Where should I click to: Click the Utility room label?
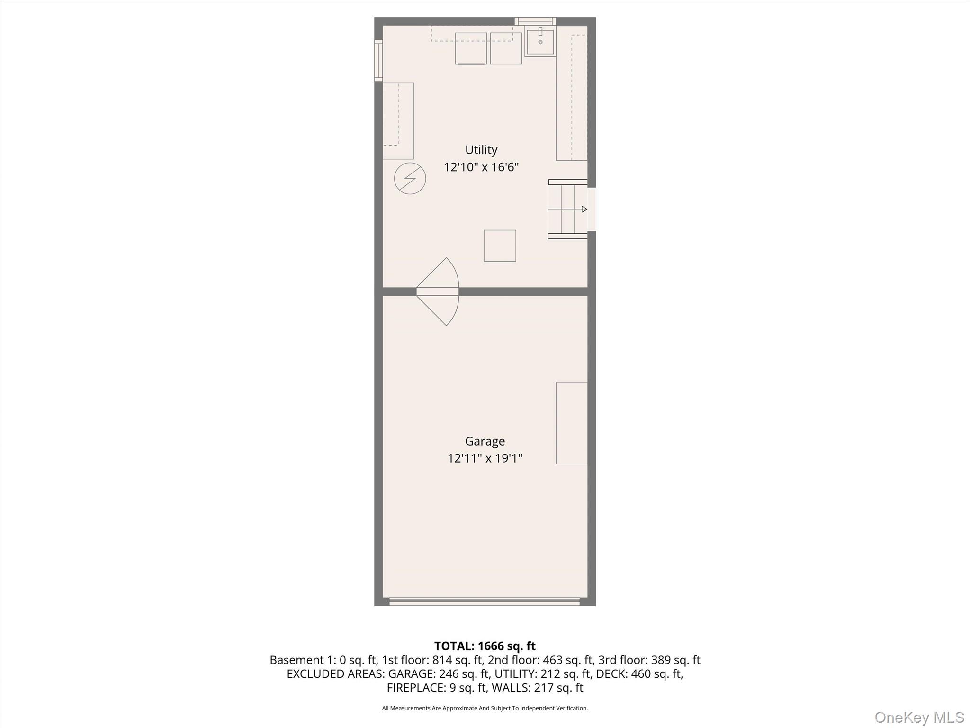[x=481, y=150]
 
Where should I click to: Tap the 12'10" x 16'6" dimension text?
[x=481, y=167]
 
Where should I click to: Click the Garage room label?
[x=485, y=441]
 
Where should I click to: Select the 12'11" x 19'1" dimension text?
[x=485, y=458]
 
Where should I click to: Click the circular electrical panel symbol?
[x=410, y=178]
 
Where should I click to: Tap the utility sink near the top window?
[x=540, y=42]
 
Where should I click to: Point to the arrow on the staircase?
[x=584, y=209]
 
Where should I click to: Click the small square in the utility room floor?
[x=500, y=246]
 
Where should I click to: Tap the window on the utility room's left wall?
[x=378, y=60]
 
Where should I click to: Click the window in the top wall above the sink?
[x=535, y=21]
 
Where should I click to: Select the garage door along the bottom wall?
[x=484, y=601]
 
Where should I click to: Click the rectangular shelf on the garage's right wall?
[x=572, y=423]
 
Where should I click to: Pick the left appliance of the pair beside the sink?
[x=470, y=48]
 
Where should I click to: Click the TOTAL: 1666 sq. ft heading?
[x=485, y=646]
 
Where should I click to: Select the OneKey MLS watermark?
[x=919, y=717]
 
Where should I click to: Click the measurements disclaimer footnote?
[x=485, y=708]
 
